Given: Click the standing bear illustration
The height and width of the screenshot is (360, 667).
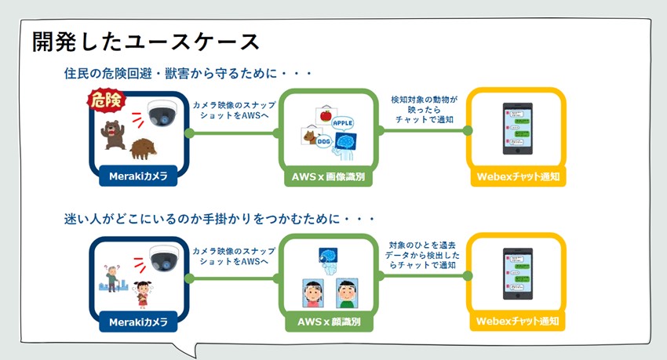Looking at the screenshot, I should point(112,134).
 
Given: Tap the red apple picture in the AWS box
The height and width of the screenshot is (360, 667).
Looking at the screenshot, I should point(324,116).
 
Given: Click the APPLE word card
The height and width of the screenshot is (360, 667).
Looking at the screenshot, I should point(344,122).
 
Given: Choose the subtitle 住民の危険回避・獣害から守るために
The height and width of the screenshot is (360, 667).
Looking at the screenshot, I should point(188,74).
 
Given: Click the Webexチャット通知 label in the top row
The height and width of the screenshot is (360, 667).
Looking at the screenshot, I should point(518,177).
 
